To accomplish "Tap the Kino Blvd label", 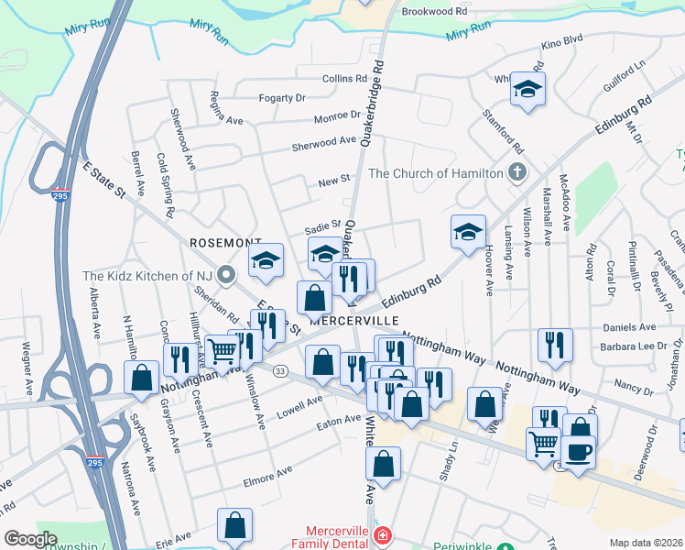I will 562,42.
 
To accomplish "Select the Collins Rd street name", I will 344,79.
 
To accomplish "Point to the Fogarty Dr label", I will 282,98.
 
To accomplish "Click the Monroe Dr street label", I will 337,116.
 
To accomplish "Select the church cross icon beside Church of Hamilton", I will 517,172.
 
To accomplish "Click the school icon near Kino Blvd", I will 527,89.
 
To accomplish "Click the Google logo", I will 31,539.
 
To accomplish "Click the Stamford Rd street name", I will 514,136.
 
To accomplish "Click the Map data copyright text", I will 646,543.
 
